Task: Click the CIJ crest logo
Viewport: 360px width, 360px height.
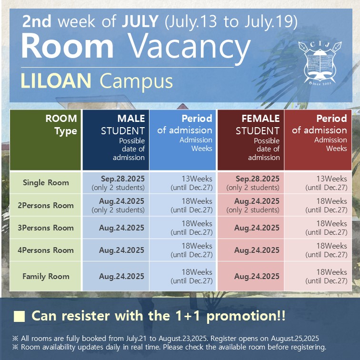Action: click(x=320, y=63)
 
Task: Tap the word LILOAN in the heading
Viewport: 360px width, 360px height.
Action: click(x=56, y=81)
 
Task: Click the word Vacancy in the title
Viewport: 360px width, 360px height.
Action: click(x=189, y=47)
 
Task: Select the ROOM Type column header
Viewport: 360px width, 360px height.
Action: click(x=45, y=140)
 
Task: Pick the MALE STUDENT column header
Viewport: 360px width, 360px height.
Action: click(x=116, y=140)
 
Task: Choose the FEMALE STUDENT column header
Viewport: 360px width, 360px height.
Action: click(x=250, y=140)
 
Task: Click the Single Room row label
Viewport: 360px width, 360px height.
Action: click(x=46, y=183)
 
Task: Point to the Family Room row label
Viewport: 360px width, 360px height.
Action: click(x=46, y=276)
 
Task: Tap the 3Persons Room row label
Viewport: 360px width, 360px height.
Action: click(x=46, y=228)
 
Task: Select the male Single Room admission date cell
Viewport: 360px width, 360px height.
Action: click(x=116, y=183)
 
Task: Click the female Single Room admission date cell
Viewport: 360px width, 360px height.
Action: click(x=250, y=183)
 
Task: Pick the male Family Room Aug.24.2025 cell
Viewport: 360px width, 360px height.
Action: click(x=116, y=276)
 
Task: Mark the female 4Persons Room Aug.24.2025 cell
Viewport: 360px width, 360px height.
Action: click(x=250, y=250)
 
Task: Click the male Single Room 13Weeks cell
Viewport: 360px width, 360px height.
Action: click(x=182, y=183)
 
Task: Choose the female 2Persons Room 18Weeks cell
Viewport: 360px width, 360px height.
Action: click(x=318, y=205)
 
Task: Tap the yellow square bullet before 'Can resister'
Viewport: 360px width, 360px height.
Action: click(x=19, y=317)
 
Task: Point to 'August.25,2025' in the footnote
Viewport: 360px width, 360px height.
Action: click(x=295, y=339)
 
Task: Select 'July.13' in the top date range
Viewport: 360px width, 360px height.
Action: click(x=192, y=21)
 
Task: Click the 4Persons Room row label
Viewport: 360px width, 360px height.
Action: click(x=46, y=250)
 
